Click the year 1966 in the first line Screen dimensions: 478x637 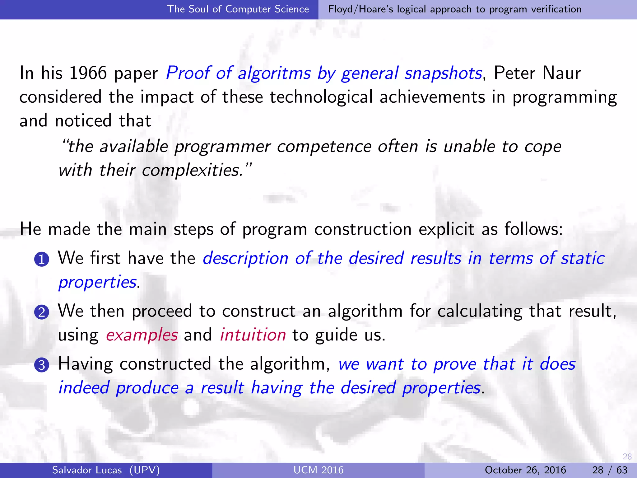click(x=88, y=73)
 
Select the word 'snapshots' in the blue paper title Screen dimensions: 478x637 click(x=443, y=73)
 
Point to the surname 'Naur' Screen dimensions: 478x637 click(x=561, y=73)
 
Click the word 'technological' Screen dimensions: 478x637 click(x=321, y=97)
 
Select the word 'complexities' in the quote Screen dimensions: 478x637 click(x=193, y=170)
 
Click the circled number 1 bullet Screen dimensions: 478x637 click(x=42, y=260)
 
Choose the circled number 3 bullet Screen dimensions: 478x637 click(x=42, y=365)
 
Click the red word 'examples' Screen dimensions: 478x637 click(x=142, y=335)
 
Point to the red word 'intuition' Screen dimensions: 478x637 click(x=253, y=335)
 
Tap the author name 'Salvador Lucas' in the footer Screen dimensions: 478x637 click(x=87, y=470)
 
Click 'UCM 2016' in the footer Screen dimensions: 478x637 click(x=318, y=470)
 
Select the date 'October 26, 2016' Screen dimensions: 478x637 click(x=525, y=470)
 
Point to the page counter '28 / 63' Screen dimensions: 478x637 click(x=610, y=470)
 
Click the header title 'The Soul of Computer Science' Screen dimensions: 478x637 click(x=238, y=9)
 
